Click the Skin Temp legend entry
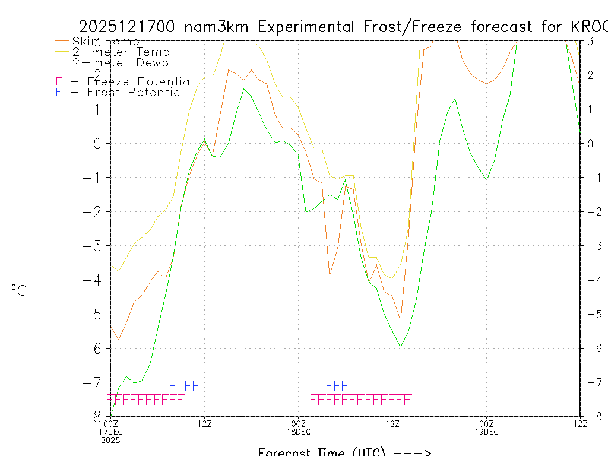(x=106, y=42)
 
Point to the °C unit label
(x=19, y=290)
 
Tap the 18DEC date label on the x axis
(x=299, y=432)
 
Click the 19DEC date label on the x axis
(x=486, y=432)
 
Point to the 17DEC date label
(x=111, y=432)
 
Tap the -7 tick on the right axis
(x=591, y=382)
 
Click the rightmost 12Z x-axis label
(x=579, y=423)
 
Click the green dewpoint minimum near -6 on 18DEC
(x=401, y=347)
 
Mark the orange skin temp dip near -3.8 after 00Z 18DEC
(x=330, y=274)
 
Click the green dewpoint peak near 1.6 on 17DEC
(x=244, y=88)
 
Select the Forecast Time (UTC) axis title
(x=344, y=452)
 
